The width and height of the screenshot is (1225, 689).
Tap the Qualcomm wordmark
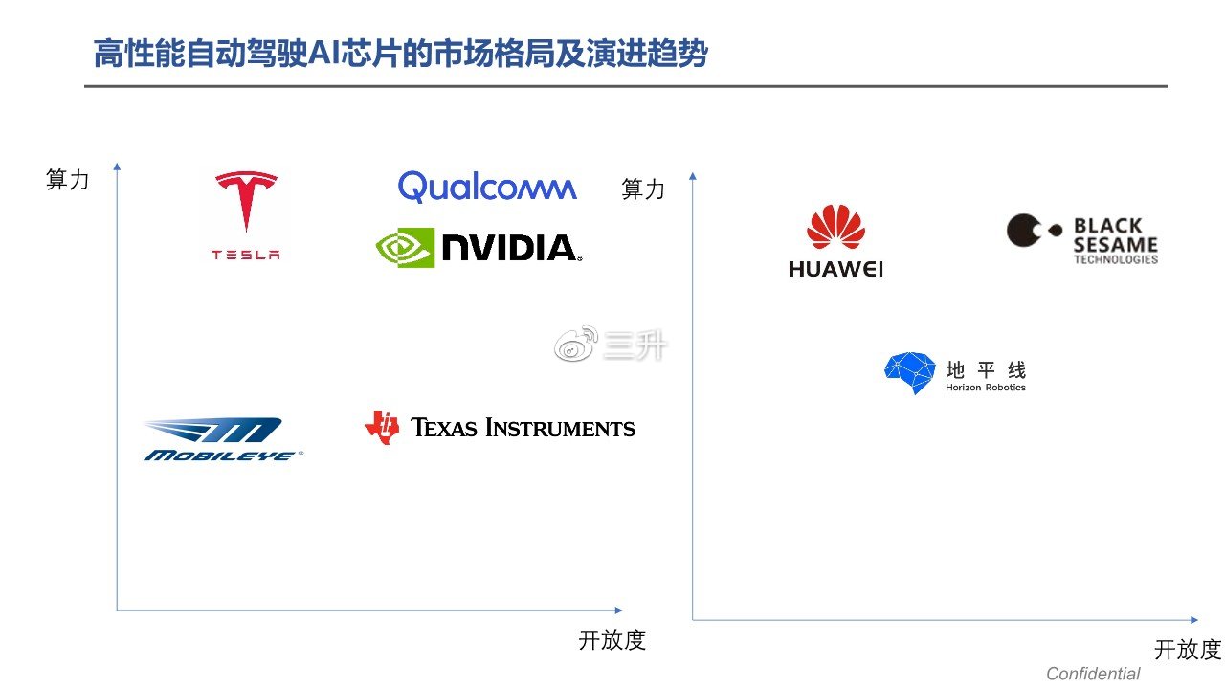[x=487, y=187]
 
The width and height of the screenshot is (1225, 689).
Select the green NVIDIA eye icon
[x=404, y=248]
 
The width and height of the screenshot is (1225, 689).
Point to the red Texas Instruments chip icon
[x=382, y=428]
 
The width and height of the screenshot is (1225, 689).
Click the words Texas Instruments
[x=523, y=428]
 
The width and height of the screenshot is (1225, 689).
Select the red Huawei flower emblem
[x=835, y=228]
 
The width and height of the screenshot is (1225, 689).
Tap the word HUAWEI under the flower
[x=835, y=270]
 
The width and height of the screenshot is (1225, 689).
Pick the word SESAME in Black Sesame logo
[x=1115, y=244]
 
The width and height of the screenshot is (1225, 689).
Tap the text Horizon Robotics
[x=985, y=388]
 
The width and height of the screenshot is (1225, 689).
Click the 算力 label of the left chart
[x=67, y=180]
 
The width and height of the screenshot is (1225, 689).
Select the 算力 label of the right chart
[x=642, y=189]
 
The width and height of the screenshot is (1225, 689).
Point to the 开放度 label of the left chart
[x=612, y=640]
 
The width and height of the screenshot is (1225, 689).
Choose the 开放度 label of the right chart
[x=1187, y=650]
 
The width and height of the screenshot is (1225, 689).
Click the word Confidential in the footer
[x=1093, y=674]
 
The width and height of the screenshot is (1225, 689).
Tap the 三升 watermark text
[x=635, y=346]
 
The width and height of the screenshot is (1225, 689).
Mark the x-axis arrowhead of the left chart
[x=617, y=610]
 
